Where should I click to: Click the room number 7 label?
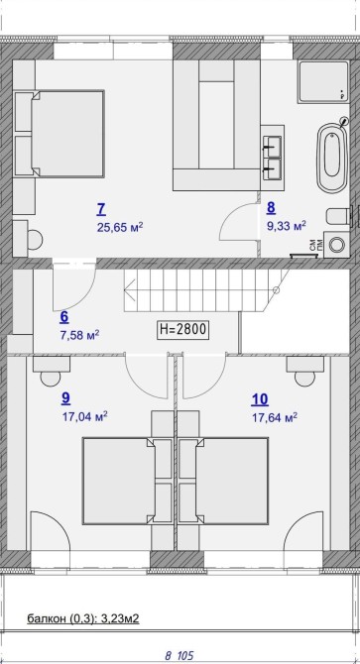101,209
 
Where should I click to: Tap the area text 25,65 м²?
119,228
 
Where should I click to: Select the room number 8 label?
271,207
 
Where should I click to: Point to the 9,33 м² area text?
286,226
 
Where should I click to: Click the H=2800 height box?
183,329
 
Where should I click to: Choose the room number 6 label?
64,317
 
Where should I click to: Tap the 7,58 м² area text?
80,335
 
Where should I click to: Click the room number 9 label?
65,397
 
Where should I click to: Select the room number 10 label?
260,399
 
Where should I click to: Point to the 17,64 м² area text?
275,418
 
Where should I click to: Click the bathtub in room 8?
332,158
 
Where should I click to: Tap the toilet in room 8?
338,217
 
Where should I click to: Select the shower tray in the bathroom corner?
323,81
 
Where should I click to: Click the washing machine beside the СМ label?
337,245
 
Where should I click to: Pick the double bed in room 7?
60,134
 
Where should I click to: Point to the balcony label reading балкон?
47,618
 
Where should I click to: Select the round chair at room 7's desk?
35,239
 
